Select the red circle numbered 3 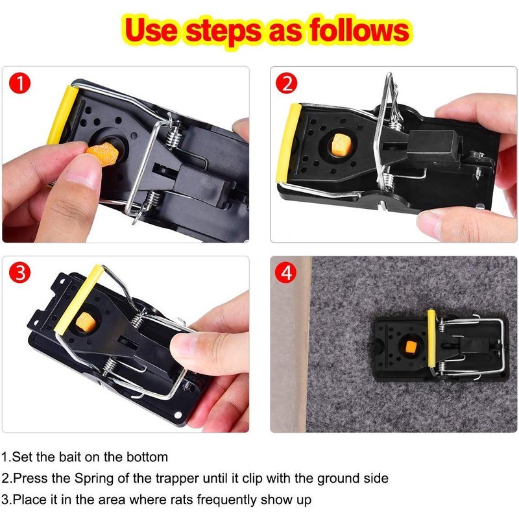coord(20,272)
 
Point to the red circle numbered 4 coord(287,272)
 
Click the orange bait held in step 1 coord(103,154)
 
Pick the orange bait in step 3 coord(86,322)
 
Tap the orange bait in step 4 coord(411,347)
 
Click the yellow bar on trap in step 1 coord(62,115)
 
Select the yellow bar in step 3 coord(78,299)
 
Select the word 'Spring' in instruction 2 coord(93,479)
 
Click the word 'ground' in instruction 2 coord(336,479)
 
